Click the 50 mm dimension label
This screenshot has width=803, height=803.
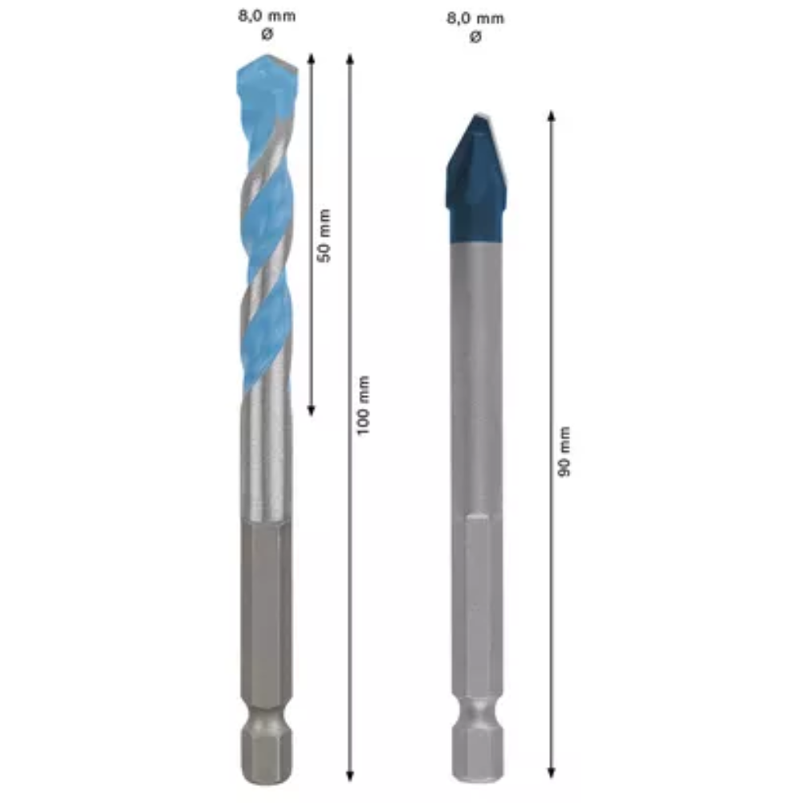(324, 235)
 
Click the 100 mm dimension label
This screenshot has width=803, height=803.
(363, 406)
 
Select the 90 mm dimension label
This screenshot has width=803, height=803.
(564, 451)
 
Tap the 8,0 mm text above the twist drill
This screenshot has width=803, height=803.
(267, 16)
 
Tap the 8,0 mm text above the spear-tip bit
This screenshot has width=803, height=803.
(475, 18)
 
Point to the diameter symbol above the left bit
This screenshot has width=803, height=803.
(267, 35)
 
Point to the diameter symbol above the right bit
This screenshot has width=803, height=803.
(475, 37)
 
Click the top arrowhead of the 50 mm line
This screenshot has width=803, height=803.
(311, 58)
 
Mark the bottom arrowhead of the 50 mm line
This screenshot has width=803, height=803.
(311, 410)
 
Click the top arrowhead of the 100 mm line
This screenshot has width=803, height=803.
(350, 59)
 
